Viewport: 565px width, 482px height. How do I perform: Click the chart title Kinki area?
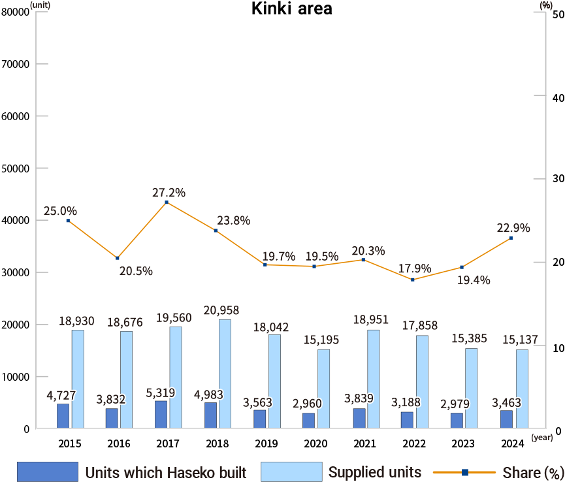(x=291, y=10)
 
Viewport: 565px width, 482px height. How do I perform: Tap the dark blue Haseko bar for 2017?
(x=161, y=415)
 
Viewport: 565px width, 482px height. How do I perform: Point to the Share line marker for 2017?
(x=167, y=202)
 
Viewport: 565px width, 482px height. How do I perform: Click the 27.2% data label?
(x=169, y=193)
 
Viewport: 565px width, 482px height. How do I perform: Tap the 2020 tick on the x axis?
(x=315, y=444)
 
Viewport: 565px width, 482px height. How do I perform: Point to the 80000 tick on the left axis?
(x=16, y=12)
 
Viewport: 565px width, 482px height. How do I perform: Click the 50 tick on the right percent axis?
(x=558, y=12)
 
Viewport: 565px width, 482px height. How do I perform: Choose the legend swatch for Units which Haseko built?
(x=47, y=472)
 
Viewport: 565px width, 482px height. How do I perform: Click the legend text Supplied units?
(x=374, y=472)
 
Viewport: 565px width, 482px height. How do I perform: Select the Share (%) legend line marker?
(x=464, y=472)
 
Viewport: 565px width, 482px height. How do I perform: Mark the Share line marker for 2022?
(x=412, y=280)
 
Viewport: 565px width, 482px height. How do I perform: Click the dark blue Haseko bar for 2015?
(x=63, y=416)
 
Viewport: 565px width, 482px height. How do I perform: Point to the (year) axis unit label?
(x=541, y=437)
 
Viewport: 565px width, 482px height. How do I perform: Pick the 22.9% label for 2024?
(x=513, y=228)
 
